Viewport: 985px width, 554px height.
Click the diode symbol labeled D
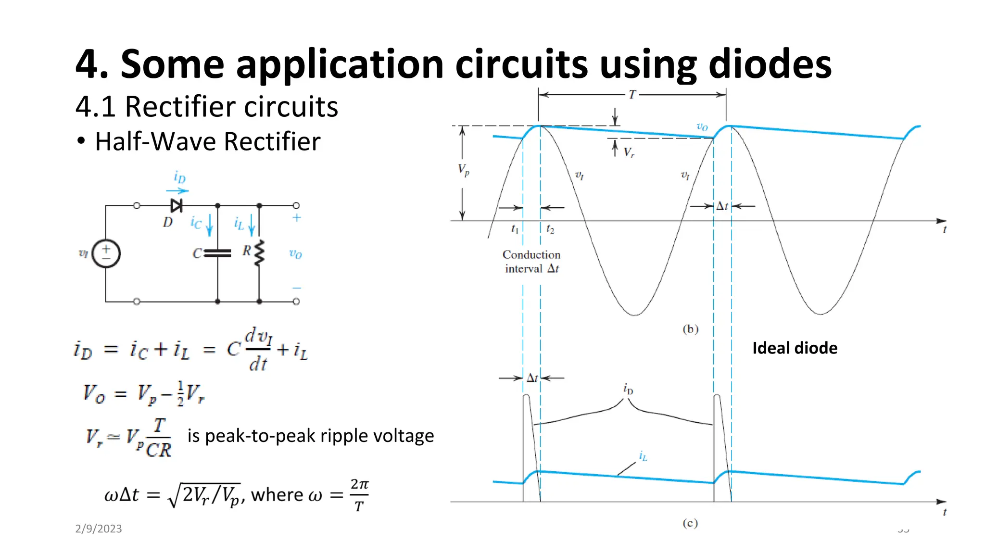[177, 206]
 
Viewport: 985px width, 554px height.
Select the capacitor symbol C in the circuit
[217, 253]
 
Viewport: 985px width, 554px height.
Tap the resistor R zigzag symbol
[259, 253]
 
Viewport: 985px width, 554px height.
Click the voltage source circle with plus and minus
[106, 253]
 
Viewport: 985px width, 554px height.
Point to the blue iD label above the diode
[179, 177]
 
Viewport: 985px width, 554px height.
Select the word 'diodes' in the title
[770, 64]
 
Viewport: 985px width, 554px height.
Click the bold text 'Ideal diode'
[795, 348]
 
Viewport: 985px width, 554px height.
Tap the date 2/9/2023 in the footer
[99, 529]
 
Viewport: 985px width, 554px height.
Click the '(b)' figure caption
[690, 329]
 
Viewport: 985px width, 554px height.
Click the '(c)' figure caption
[690, 523]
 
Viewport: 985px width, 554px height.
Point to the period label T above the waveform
[632, 95]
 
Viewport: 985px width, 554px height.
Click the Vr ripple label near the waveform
[629, 152]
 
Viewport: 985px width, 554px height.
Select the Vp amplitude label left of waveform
[463, 170]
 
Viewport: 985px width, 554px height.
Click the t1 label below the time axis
[515, 229]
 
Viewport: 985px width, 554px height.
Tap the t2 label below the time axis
[550, 229]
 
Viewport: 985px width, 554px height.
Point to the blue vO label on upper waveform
[702, 127]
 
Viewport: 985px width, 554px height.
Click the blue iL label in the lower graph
[643, 456]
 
